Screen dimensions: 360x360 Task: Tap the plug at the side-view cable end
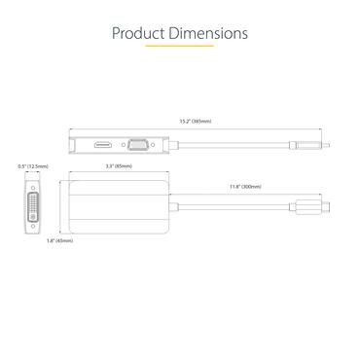[x=311, y=145]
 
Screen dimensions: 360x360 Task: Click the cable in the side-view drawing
[x=234, y=145]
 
